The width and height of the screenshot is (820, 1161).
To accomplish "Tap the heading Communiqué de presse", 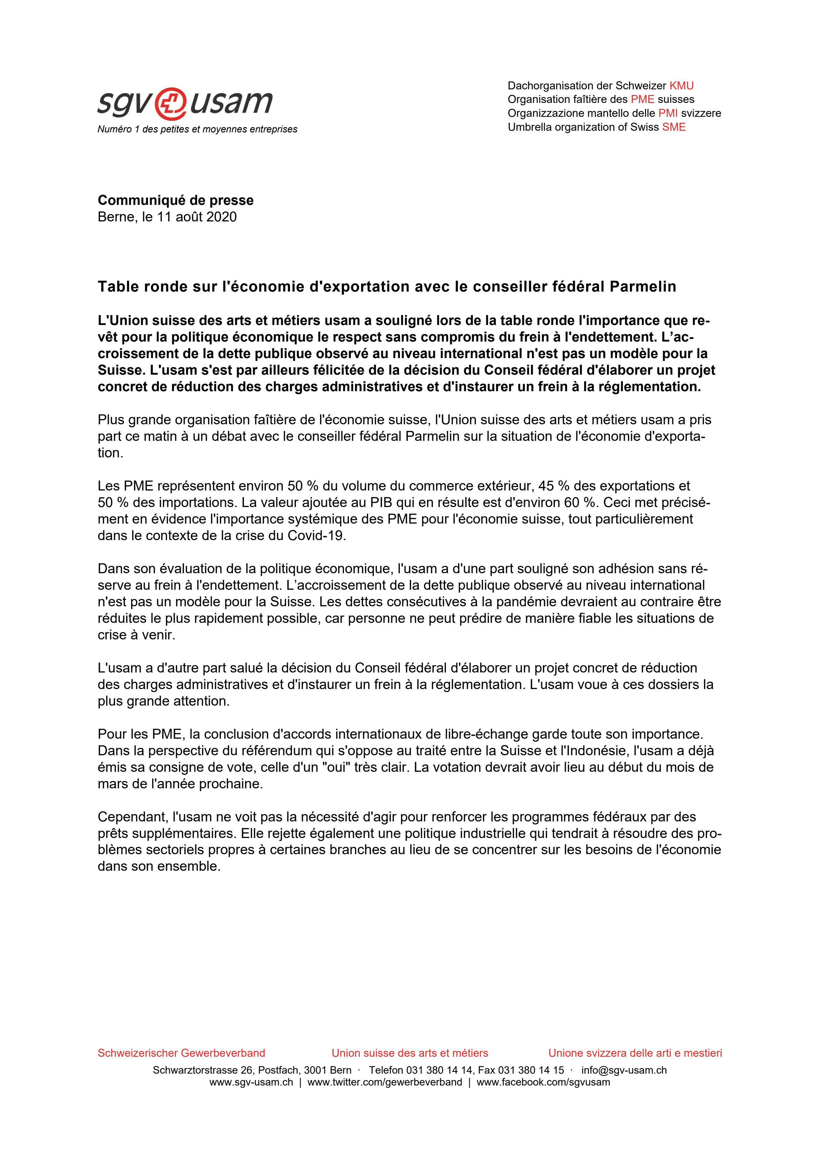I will tap(175, 200).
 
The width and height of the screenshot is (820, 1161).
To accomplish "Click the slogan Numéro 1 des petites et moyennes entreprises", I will tap(197, 129).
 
